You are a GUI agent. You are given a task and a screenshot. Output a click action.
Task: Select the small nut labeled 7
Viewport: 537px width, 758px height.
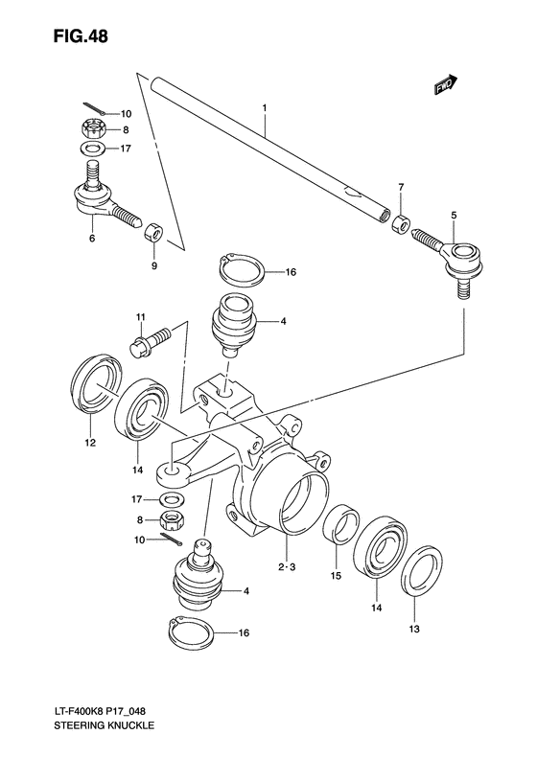coord(403,223)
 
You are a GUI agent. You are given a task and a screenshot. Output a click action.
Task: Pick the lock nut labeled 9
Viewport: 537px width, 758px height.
coord(152,231)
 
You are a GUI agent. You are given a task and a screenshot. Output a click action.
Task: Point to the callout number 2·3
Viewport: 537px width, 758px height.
coord(285,567)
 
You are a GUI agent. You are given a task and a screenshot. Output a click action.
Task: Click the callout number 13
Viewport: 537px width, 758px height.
coord(414,629)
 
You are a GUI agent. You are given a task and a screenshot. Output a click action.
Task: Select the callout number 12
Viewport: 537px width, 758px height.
coord(88,444)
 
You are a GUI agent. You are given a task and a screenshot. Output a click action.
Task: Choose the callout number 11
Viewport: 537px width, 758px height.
coord(139,317)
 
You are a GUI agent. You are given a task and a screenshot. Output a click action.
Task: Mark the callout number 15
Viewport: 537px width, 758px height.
coord(336,575)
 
